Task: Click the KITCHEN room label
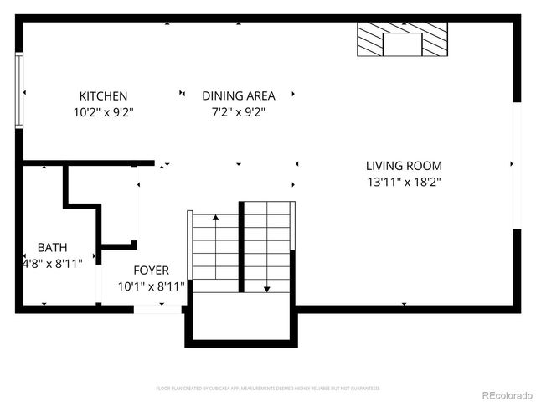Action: [x=103, y=96]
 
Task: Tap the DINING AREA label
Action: [x=238, y=96]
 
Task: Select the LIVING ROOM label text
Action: [x=404, y=166]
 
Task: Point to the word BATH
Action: [x=52, y=248]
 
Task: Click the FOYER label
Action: [x=152, y=271]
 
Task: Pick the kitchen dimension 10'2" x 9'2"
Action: [x=103, y=111]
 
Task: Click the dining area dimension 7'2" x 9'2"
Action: [x=238, y=111]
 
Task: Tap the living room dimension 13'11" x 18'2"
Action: [x=404, y=181]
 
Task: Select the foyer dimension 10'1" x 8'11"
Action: [x=152, y=286]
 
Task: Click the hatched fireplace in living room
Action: [x=402, y=39]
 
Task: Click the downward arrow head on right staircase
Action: [x=267, y=288]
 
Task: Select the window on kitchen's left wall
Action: [x=18, y=90]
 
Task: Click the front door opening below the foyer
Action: [x=158, y=309]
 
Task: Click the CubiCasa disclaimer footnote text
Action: [x=268, y=389]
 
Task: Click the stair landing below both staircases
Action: [x=241, y=317]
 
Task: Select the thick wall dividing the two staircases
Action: [x=241, y=247]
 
